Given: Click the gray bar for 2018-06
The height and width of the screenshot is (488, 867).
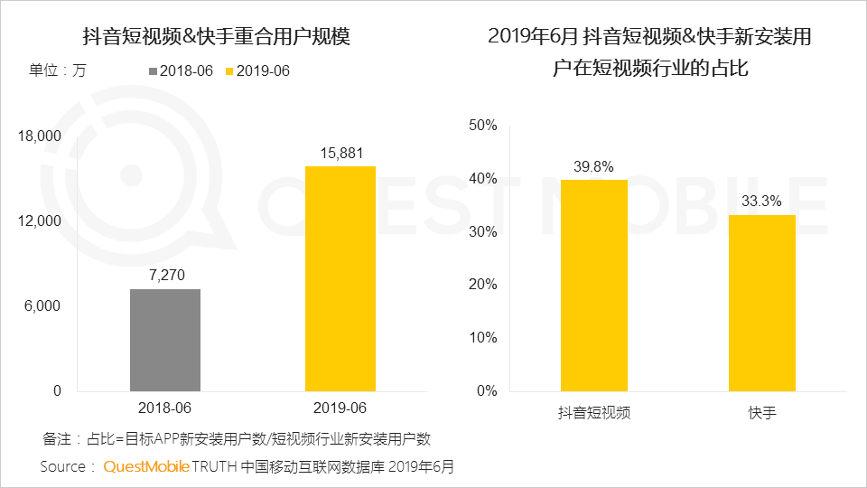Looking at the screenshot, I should (165, 340).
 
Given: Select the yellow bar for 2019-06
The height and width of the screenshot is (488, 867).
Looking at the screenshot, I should (340, 278).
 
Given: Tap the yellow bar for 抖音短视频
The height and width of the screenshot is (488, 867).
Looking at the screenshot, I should (593, 285).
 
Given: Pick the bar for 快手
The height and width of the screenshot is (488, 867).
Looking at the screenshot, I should (761, 303).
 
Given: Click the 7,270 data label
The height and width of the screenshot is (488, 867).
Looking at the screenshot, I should (165, 275).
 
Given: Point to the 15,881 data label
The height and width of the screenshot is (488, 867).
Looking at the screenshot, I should (340, 152).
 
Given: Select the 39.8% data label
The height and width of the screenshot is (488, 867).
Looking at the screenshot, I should (593, 166).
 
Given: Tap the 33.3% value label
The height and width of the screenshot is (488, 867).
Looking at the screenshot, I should (761, 202).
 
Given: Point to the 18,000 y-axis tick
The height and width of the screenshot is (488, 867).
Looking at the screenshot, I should (39, 136).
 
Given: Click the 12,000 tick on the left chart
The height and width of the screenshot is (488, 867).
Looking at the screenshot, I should (39, 221).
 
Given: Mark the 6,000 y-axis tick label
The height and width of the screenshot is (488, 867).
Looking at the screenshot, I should (42, 306).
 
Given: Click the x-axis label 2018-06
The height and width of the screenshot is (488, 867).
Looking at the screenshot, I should (165, 408).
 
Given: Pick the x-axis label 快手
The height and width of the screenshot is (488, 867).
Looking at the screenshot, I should (761, 413).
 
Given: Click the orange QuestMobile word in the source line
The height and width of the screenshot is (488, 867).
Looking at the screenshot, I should (146, 466).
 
